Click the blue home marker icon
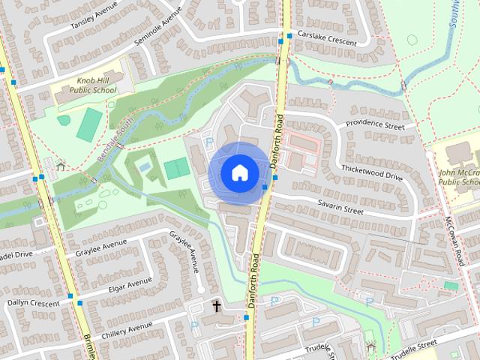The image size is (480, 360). click(238, 172)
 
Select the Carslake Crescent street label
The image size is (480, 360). click(326, 39)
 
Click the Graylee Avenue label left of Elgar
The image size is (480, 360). click(100, 247)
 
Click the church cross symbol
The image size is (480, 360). click(217, 307)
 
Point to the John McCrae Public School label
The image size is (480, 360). click(459, 177)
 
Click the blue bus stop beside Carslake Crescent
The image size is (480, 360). click(289, 35)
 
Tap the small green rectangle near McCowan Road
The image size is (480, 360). click(450, 286)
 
